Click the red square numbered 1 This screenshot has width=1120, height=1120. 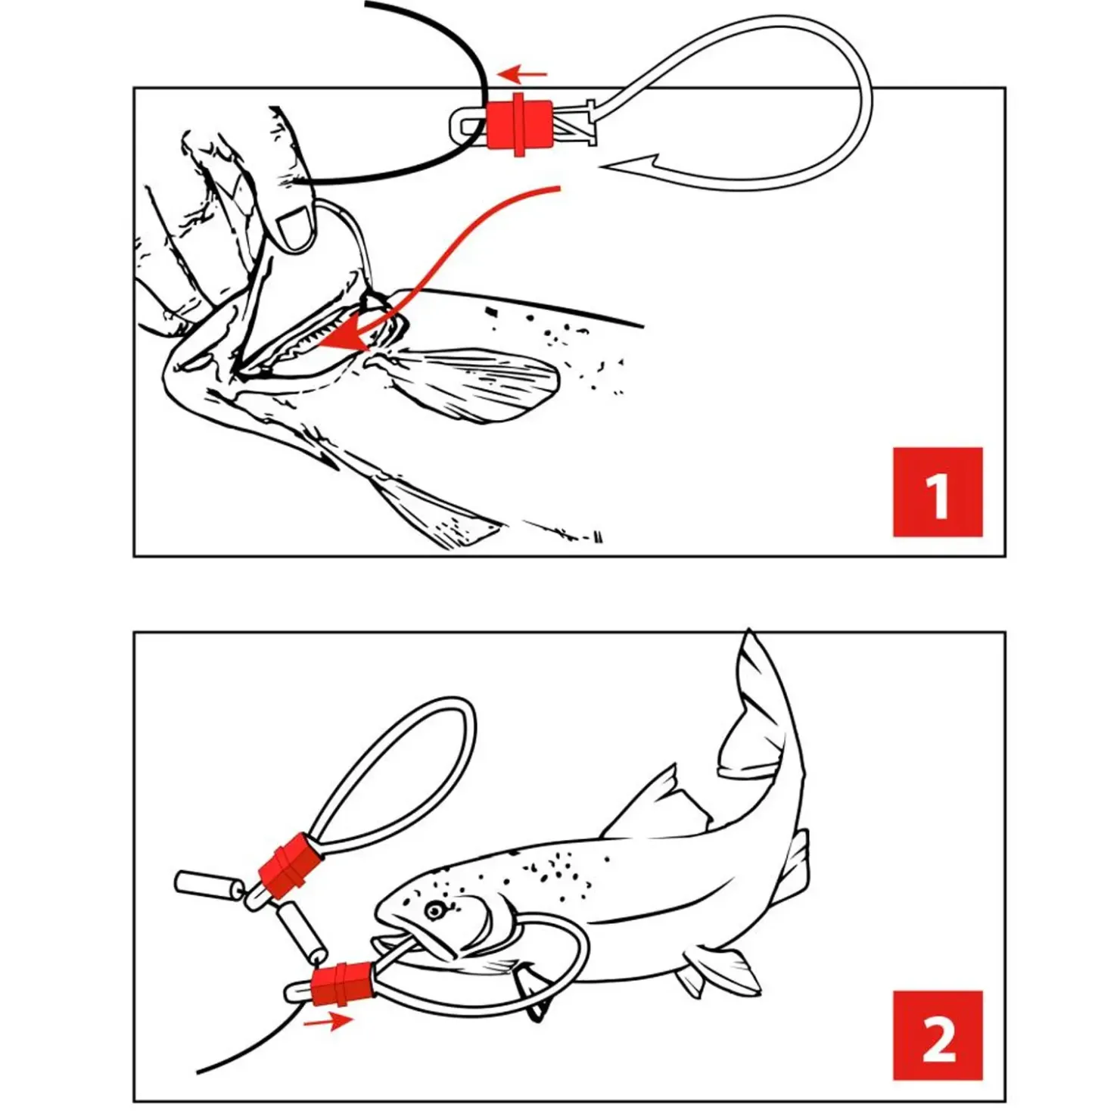point(937,492)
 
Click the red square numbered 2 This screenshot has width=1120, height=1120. point(937,1034)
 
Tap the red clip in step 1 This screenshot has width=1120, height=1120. point(518,124)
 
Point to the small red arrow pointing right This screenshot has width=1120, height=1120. point(328,1022)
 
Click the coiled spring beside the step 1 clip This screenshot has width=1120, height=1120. point(575,123)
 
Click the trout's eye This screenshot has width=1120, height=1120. point(434,909)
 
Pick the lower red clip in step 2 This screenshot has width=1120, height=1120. point(343,983)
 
